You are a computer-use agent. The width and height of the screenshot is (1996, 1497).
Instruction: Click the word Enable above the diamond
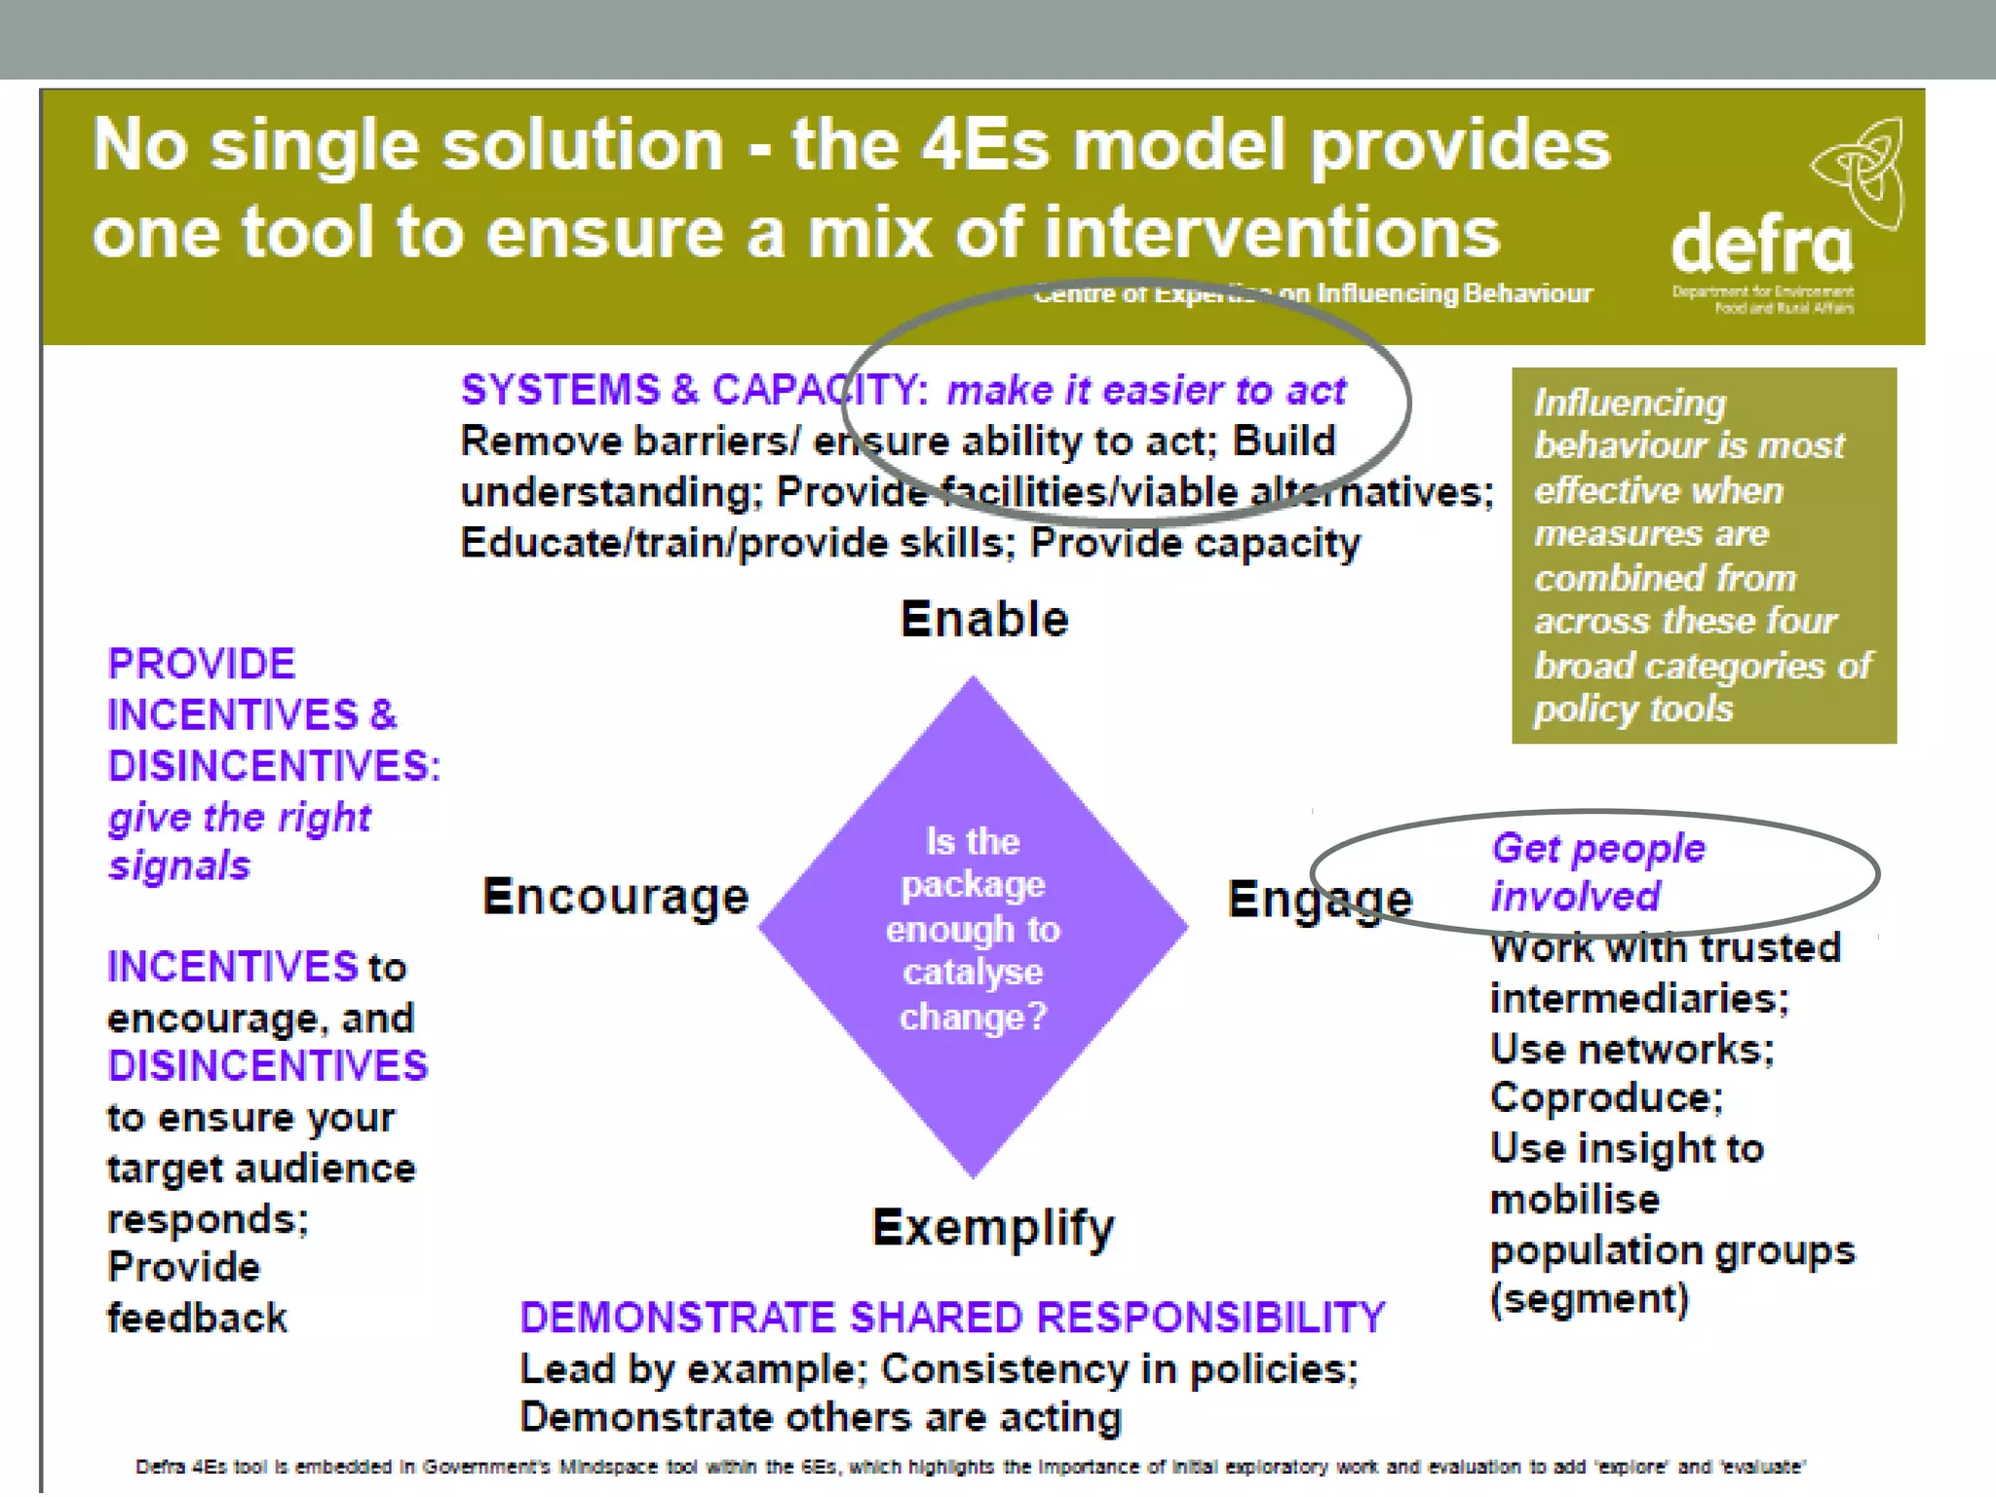pos(984,620)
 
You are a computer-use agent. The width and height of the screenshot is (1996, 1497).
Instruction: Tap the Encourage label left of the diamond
pos(616,897)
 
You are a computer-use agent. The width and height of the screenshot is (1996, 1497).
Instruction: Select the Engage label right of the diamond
pos(1320,899)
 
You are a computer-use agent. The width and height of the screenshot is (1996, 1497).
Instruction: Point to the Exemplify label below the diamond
pos(992,1228)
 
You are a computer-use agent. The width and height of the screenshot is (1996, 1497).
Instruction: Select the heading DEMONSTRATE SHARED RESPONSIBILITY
pos(952,1318)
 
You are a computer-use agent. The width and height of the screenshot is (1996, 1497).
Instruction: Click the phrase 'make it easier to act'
pos(1146,391)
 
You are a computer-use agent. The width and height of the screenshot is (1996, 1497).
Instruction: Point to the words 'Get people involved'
pos(1598,872)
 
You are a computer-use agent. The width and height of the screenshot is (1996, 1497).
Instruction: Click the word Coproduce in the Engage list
pos(1606,1098)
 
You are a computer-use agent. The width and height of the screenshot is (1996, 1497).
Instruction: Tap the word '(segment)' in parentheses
pos(1589,1299)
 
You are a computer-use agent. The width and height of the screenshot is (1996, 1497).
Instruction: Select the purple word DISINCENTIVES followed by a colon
pos(274,766)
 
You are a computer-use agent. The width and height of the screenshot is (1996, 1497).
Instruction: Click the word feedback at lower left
pos(197,1319)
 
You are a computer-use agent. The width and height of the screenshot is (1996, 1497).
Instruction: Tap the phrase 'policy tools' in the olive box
pos(1633,710)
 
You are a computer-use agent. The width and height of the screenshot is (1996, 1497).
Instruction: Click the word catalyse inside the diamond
pos(973,973)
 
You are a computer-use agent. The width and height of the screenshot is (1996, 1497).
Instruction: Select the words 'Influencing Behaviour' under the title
pos(1454,293)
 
